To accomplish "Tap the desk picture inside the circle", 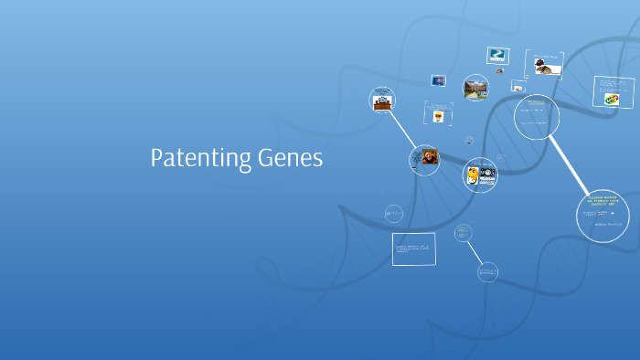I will click(383, 102).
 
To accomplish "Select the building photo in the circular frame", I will click(475, 89).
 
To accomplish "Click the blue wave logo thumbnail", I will click(497, 55).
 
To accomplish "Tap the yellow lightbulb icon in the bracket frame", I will click(440, 116).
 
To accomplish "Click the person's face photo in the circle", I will click(429, 157).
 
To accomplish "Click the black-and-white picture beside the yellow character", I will click(486, 173).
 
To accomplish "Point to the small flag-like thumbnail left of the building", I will click(439, 80).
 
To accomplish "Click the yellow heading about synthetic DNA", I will click(603, 198).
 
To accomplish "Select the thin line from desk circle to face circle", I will click(402, 129).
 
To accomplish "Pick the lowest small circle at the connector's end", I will click(487, 271).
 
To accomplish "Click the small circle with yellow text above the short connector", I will click(464, 232).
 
